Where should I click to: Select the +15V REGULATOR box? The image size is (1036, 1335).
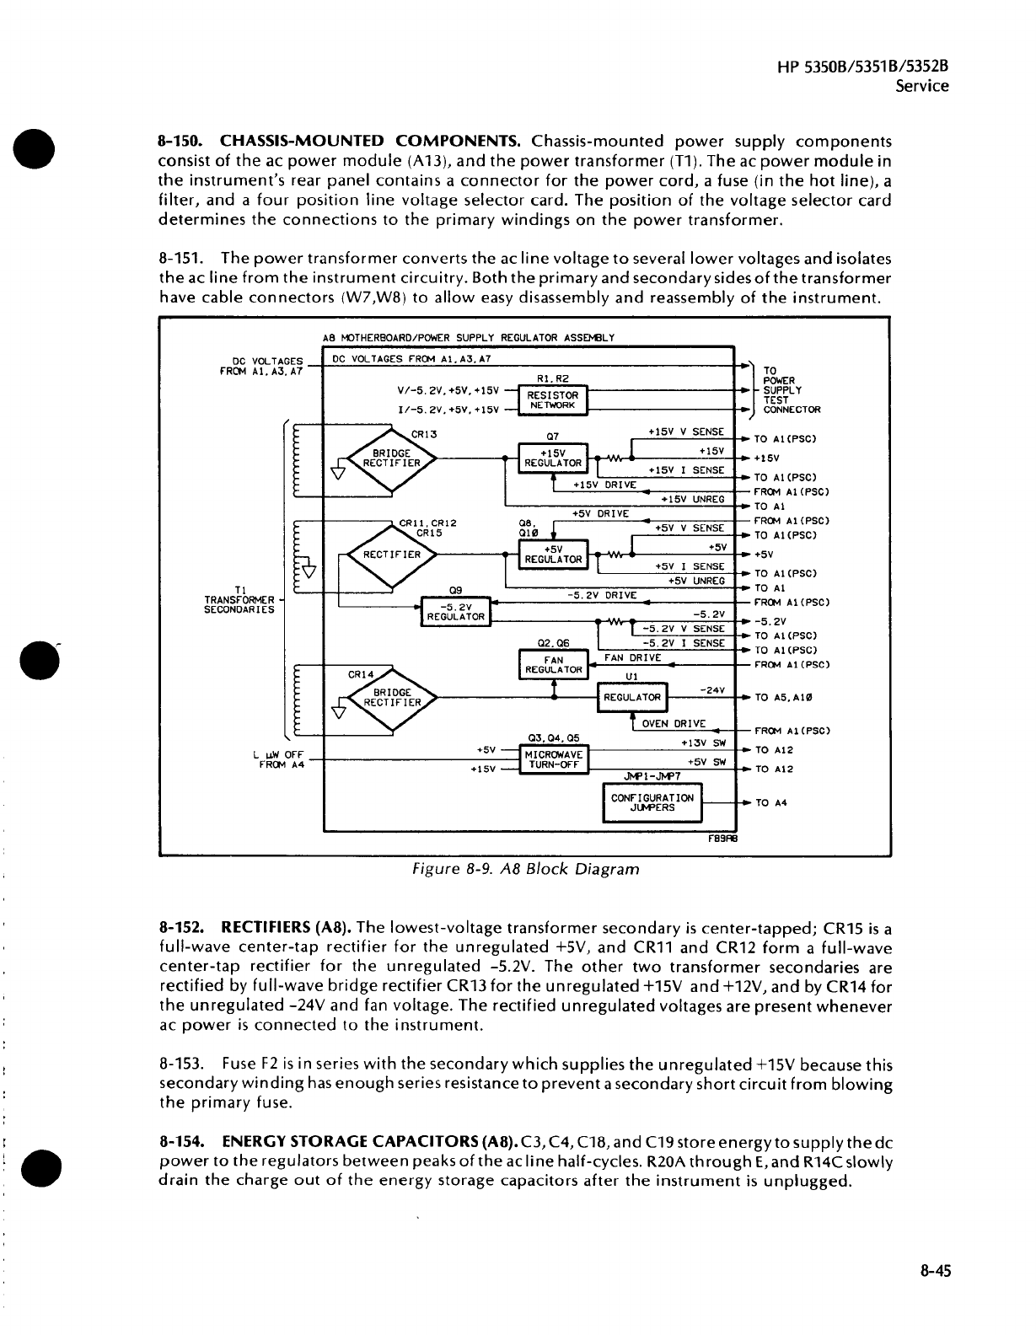click(553, 458)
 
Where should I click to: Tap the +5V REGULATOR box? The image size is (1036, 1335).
click(553, 554)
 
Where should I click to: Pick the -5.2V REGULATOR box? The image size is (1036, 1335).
click(455, 612)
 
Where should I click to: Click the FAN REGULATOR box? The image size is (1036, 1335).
click(554, 665)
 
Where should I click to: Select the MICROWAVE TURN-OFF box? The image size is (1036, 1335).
click(553, 759)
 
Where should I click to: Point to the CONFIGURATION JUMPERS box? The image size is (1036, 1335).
click(652, 802)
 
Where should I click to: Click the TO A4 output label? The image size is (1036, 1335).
click(770, 803)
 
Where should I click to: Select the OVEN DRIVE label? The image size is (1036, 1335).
click(674, 724)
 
